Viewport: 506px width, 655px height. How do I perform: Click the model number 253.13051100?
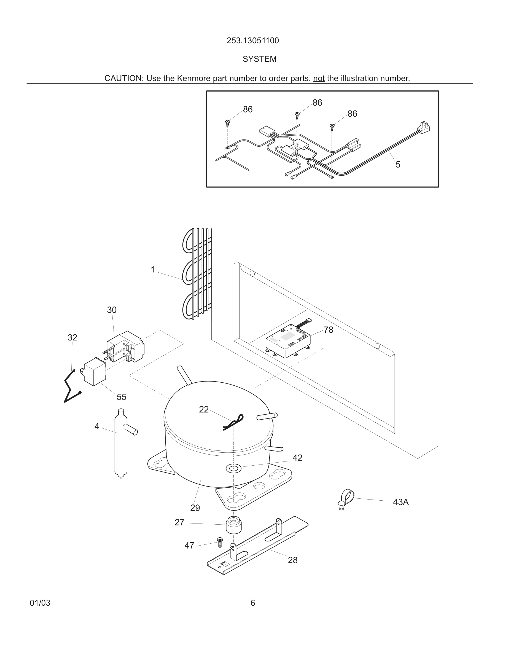(x=253, y=41)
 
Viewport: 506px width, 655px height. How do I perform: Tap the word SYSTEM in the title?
(x=259, y=59)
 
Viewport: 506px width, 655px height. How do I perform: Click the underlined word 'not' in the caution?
(x=319, y=78)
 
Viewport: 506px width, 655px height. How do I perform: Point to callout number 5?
(x=398, y=164)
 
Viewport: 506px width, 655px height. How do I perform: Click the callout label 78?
(x=328, y=330)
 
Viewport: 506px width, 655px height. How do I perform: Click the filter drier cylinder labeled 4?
(x=121, y=444)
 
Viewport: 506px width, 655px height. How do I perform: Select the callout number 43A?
(x=401, y=502)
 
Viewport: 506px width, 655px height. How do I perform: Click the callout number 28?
(x=293, y=560)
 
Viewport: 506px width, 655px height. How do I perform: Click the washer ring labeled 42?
(x=234, y=468)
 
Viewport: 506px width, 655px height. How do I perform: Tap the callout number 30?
(x=112, y=310)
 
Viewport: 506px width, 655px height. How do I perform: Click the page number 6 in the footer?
(x=253, y=603)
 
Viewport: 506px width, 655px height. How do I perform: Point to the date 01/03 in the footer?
(x=40, y=603)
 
